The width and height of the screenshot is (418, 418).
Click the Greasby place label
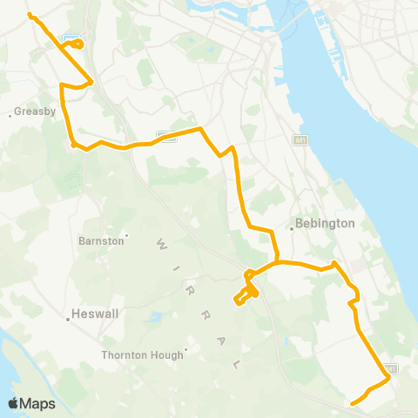coord(37,112)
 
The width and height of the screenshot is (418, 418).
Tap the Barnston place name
coord(102,240)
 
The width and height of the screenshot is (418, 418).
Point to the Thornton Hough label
coord(142,354)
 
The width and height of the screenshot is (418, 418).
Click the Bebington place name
coord(326,223)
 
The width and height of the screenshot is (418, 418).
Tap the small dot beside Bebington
coord(292,228)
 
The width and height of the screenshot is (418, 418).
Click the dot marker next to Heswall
coord(68,319)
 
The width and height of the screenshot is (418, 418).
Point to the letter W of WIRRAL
coord(159,239)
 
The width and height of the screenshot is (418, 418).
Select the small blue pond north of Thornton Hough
coord(156,316)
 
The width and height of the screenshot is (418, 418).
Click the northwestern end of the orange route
coord(30,15)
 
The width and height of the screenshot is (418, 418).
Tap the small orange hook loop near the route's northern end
coord(77,44)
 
